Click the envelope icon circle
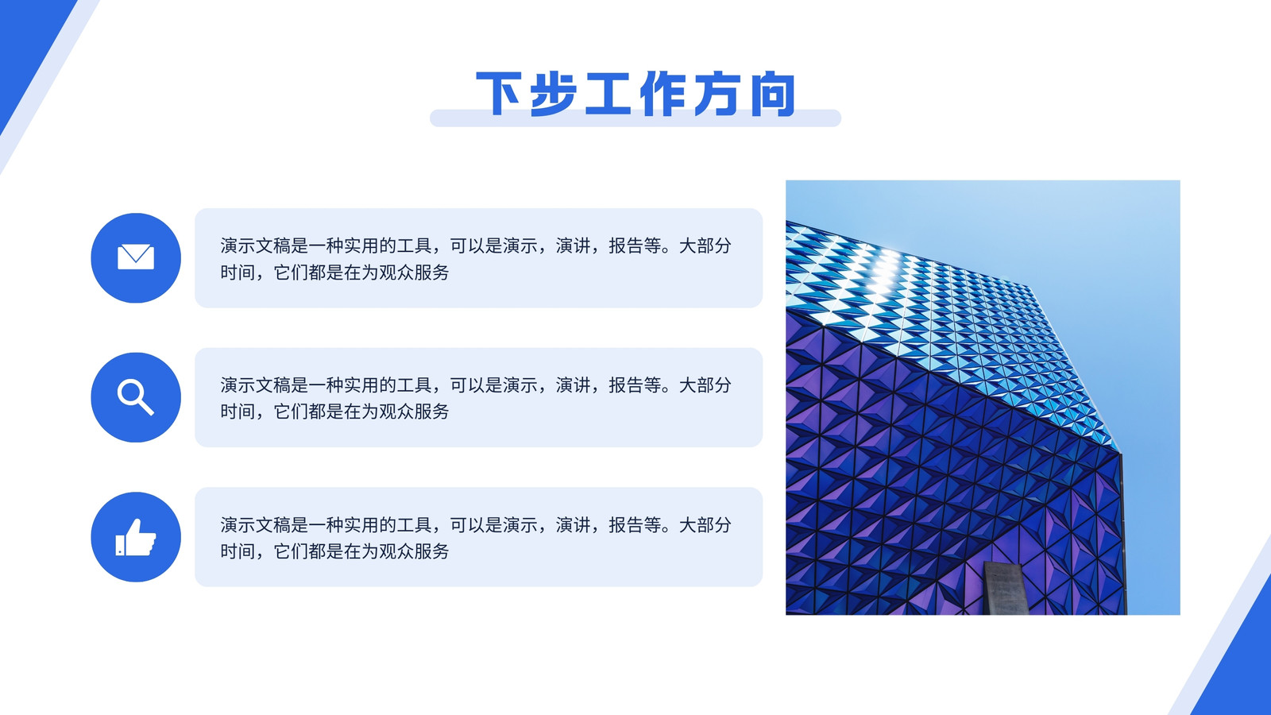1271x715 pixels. pos(136,257)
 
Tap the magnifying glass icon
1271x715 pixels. pos(136,397)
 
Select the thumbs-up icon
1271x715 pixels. pos(136,537)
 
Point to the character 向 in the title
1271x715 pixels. pos(773,94)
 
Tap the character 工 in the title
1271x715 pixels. pos(608,94)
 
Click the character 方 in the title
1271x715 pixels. pos(718,94)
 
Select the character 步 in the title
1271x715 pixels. pos(554,94)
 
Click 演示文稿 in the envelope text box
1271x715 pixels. pos(255,245)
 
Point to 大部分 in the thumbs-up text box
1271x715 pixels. pos(705,525)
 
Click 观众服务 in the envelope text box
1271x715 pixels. pos(414,272)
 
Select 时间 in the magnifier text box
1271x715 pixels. pos(238,412)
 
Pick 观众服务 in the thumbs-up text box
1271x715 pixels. pos(414,551)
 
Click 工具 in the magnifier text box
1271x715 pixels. pos(414,385)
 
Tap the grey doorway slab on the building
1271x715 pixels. pos(1005,588)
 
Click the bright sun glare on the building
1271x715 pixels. pos(883,272)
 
